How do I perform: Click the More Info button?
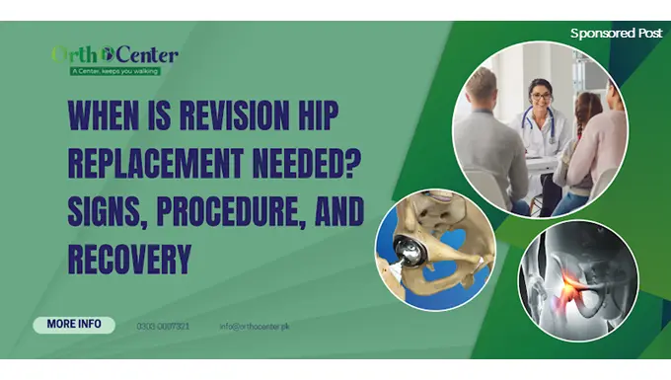pos(74,325)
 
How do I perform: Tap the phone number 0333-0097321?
pos(164,326)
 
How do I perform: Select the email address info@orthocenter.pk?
pos(254,326)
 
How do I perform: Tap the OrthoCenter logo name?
pos(114,54)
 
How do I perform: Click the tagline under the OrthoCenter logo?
pos(115,71)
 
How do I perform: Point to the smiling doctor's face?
pos(540,97)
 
